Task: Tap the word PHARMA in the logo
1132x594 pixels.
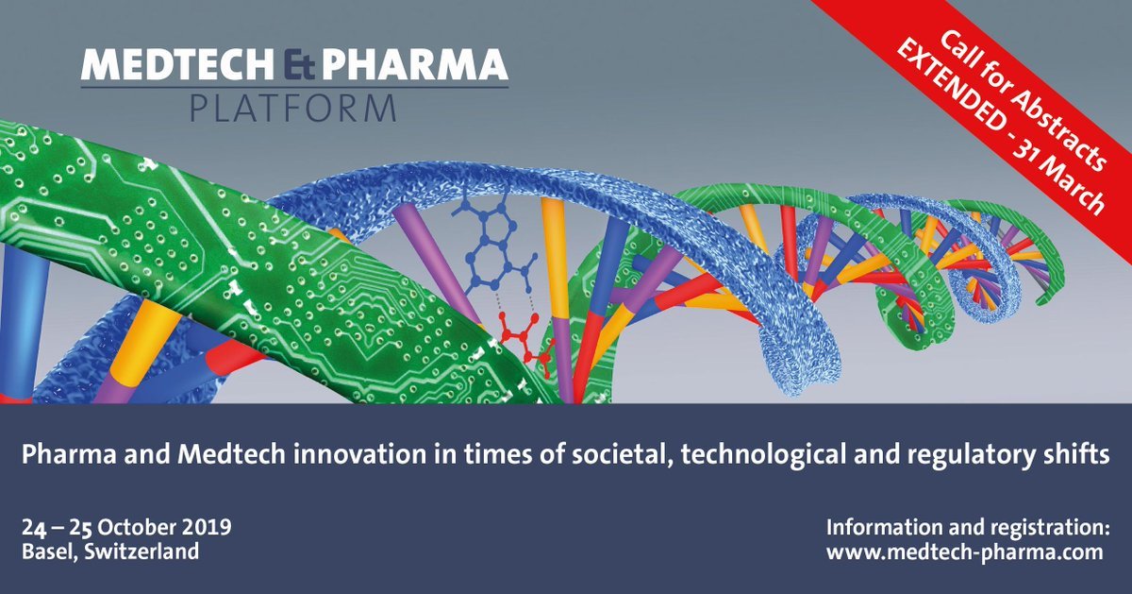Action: point(414,64)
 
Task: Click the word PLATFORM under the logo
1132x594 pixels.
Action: point(293,108)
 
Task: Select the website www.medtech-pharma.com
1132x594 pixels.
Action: point(965,552)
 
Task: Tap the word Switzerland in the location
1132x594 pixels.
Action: point(141,551)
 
